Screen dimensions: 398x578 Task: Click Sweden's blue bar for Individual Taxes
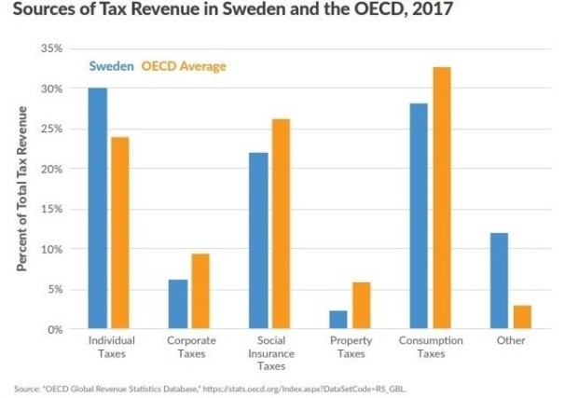(98, 208)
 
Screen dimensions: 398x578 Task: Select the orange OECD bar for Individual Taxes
(119, 233)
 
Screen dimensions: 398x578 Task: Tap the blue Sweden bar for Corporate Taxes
(178, 304)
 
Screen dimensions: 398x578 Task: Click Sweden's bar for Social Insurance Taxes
(258, 240)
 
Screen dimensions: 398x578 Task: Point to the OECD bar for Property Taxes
(360, 306)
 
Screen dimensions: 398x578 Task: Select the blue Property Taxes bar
(338, 320)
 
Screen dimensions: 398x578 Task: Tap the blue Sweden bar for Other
(499, 281)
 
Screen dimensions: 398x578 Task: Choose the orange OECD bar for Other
(521, 317)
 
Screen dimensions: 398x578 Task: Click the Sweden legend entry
(112, 66)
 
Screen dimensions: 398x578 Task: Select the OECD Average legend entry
(184, 66)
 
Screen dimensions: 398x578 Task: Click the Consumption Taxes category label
(430, 347)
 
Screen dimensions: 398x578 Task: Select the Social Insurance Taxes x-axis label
(271, 353)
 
